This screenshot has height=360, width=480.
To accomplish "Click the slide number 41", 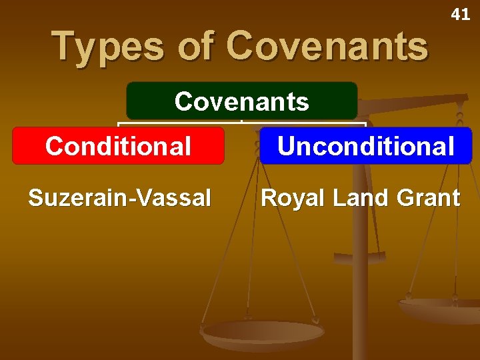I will (460, 14).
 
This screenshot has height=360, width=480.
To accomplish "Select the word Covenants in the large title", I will (327, 47).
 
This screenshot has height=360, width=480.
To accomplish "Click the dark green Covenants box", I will (241, 101).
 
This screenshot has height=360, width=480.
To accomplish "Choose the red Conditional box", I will (118, 145).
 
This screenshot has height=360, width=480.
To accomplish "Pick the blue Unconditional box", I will (365, 145).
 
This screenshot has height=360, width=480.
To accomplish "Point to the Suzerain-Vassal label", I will (119, 197).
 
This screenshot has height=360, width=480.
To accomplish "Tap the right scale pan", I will (440, 309).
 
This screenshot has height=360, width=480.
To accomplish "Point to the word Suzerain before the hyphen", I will (78, 197).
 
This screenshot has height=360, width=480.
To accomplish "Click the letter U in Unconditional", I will (287, 146).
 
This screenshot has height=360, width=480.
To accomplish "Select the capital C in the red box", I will (55, 146).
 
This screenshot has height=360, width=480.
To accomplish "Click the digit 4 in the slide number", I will (456, 14).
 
